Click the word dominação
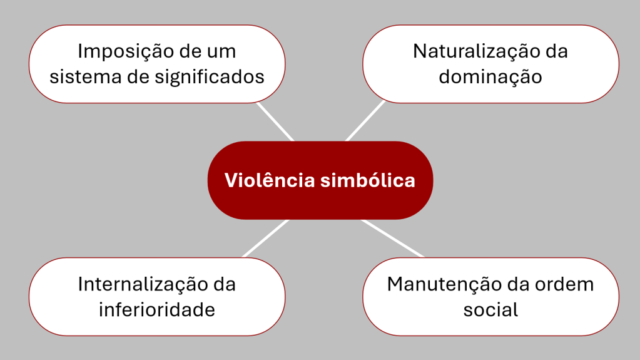click(x=490, y=77)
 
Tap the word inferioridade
click(x=157, y=310)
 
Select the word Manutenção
click(x=438, y=284)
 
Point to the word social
click(x=490, y=310)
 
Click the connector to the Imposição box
click(x=275, y=122)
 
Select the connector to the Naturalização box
click(x=365, y=121)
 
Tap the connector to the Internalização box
click(x=265, y=238)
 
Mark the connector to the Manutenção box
click(x=392, y=238)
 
